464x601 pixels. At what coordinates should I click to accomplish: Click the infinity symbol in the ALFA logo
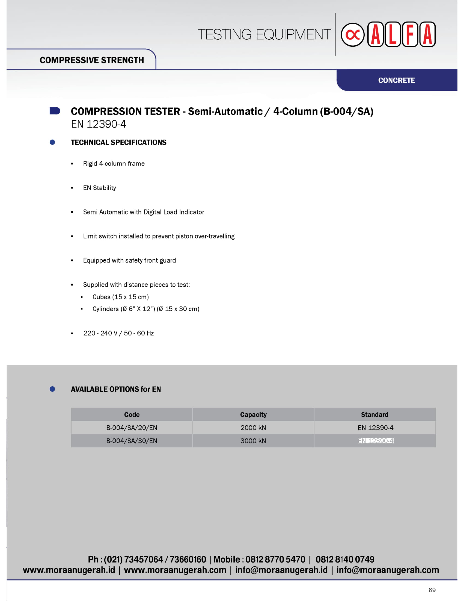point(353,35)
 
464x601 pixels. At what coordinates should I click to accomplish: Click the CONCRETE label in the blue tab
point(396,80)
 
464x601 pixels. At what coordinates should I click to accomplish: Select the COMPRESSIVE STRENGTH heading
point(91,60)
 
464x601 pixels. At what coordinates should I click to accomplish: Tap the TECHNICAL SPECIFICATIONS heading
point(118,142)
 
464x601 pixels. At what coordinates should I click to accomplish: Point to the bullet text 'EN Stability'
point(100,188)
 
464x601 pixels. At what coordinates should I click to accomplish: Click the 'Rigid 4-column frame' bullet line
point(114,163)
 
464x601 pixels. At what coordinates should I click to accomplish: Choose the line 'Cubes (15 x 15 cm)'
point(121,297)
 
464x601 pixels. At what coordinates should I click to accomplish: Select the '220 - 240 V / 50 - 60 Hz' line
point(118,333)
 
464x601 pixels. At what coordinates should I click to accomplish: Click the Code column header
point(132,414)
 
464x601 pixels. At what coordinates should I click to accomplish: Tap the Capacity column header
point(253,414)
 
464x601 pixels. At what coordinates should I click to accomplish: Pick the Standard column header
point(375,414)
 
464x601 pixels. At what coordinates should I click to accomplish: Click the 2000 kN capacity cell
point(253,428)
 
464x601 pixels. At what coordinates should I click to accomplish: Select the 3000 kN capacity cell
point(253,441)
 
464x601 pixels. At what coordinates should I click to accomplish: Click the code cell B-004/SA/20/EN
point(132,428)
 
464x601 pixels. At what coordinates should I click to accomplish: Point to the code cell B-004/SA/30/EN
point(132,441)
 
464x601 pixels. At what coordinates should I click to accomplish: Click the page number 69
point(432,590)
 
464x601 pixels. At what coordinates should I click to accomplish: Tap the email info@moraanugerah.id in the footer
point(281,570)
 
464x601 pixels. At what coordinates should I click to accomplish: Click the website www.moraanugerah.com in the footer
point(175,570)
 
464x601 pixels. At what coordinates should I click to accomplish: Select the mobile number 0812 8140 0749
point(345,559)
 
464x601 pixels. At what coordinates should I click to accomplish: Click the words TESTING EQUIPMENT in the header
point(264,35)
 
